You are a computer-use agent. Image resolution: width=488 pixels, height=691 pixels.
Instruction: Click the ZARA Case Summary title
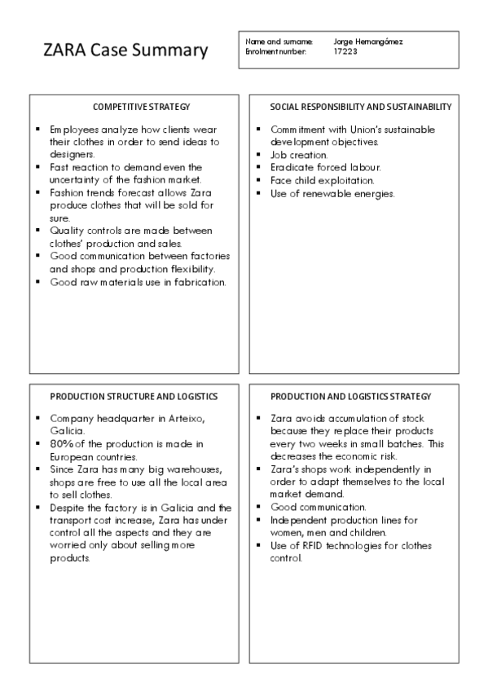point(125,51)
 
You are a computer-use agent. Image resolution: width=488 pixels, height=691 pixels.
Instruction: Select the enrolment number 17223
point(345,51)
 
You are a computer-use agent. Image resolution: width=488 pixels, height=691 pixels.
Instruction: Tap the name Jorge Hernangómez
point(368,42)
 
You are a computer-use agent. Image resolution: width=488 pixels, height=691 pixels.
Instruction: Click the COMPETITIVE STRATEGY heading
point(141,107)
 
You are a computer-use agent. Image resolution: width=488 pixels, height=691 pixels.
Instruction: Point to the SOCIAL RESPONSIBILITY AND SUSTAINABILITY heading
point(361,107)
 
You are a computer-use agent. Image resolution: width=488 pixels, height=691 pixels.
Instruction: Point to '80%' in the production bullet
point(63,444)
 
